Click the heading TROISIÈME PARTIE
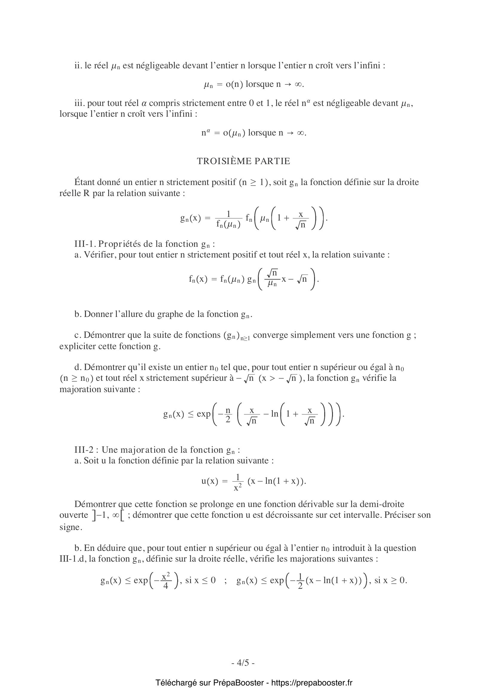244,161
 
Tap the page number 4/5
243,662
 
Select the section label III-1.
85,244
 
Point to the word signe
70,527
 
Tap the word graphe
169,314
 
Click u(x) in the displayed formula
210,481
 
